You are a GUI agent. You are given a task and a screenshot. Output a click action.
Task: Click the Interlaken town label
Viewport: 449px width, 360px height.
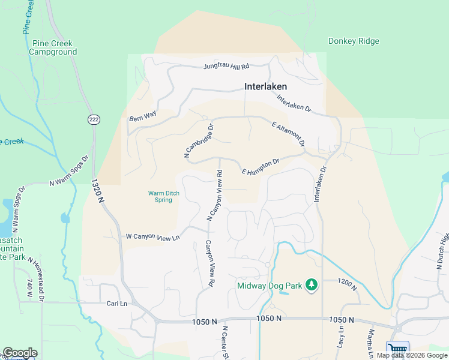pyautogui.click(x=265, y=86)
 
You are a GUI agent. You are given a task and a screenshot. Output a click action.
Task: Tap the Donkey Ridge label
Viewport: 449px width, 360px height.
pyautogui.click(x=354, y=41)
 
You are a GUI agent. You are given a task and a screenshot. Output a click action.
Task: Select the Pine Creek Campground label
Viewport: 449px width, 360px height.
pyautogui.click(x=55, y=48)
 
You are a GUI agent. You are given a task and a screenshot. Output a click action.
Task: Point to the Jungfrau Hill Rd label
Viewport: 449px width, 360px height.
pyautogui.click(x=226, y=66)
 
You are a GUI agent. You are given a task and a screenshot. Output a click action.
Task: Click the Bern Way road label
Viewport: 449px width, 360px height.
pyautogui.click(x=142, y=117)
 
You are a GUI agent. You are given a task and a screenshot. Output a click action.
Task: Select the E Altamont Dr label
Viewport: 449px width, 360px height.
pyautogui.click(x=288, y=134)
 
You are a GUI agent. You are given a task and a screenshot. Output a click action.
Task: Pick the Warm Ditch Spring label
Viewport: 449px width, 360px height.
pyautogui.click(x=160, y=196)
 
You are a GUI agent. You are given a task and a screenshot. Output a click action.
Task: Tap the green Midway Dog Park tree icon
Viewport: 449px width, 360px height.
pyautogui.click(x=311, y=284)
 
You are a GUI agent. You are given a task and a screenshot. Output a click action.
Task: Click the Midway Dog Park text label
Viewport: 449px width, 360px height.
pyautogui.click(x=270, y=284)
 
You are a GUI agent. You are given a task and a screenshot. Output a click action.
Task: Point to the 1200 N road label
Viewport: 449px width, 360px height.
pyautogui.click(x=347, y=284)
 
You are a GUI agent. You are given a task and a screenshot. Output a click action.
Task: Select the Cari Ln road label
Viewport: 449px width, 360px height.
pyautogui.click(x=116, y=304)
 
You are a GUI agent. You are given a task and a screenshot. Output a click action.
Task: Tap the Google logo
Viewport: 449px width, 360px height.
pyautogui.click(x=20, y=353)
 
